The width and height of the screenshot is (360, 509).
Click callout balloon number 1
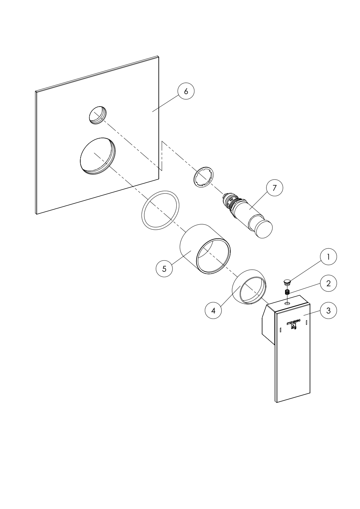coord(328,257)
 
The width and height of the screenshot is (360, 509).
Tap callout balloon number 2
coord(328,283)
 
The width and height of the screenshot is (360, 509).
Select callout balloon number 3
coord(328,311)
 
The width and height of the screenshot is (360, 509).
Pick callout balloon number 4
coord(213,310)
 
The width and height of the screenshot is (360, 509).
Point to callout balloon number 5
coord(164,269)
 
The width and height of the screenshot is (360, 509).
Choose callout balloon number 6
coord(186,91)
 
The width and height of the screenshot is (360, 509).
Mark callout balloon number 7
coord(275,188)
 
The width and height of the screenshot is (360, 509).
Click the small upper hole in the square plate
coord(98,115)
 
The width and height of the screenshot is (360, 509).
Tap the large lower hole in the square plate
coord(98,156)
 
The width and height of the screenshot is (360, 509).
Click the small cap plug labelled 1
coord(287,283)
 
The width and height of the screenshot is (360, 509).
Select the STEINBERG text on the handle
coord(293,322)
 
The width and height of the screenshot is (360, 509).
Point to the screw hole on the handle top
coord(288,303)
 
